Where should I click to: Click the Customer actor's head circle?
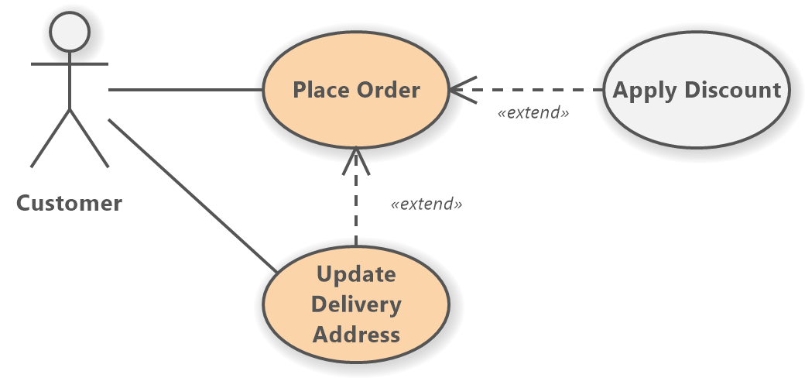[70, 32]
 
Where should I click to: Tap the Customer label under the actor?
[69, 204]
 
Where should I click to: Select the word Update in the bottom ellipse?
[356, 274]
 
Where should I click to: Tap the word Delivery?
[356, 304]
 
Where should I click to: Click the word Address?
[356, 335]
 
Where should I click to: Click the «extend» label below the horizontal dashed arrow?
[533, 113]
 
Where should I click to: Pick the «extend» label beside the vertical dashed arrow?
[426, 205]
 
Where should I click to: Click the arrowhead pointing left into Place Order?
[461, 90]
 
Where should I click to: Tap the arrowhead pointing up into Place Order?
[355, 158]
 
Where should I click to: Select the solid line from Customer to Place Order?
[186, 90]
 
